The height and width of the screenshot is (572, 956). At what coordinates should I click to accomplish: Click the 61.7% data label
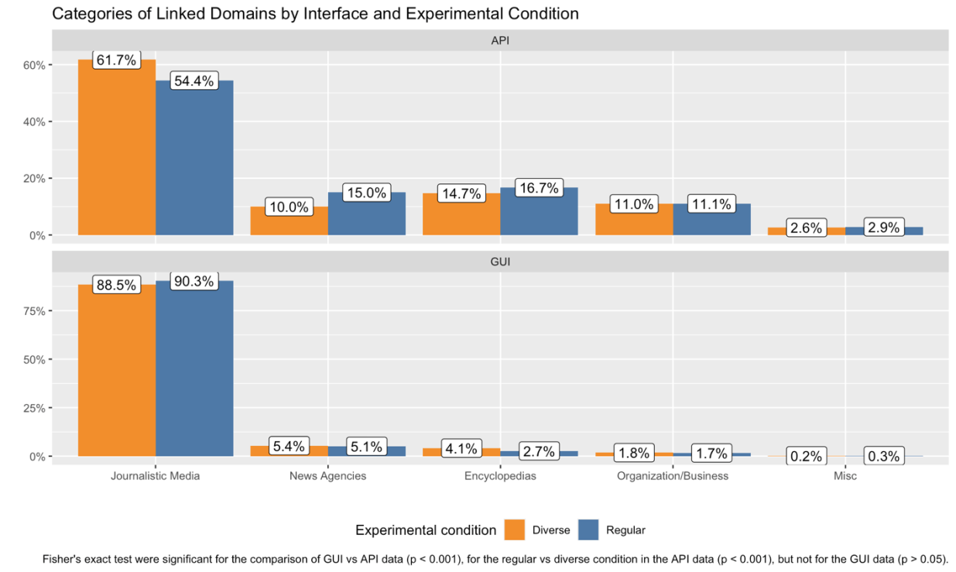116,60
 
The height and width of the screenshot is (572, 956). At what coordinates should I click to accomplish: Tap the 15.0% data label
366,193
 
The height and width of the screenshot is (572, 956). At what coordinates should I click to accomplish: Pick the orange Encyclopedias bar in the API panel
461,217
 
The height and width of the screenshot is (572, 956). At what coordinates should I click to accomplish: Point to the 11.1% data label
712,204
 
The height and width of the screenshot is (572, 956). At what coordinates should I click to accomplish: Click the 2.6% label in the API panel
806,228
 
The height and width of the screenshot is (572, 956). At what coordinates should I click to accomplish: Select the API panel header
500,40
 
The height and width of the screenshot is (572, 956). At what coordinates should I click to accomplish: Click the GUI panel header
500,262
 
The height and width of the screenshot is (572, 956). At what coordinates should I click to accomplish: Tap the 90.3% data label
194,281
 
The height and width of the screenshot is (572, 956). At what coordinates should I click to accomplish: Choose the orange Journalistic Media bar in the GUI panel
117,372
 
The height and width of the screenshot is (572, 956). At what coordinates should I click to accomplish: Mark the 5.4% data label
290,447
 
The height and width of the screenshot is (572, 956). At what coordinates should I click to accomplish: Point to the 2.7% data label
539,451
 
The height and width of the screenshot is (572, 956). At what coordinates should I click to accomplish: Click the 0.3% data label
883,457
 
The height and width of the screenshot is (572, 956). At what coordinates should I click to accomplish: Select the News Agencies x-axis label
327,476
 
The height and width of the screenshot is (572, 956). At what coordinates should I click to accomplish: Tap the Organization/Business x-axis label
673,476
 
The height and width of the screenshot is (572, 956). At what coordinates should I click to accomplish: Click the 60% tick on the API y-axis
34,65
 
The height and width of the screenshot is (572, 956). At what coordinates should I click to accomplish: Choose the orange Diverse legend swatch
515,530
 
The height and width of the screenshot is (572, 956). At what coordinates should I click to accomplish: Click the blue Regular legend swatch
588,530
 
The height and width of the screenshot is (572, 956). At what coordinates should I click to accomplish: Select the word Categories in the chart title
88,14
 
